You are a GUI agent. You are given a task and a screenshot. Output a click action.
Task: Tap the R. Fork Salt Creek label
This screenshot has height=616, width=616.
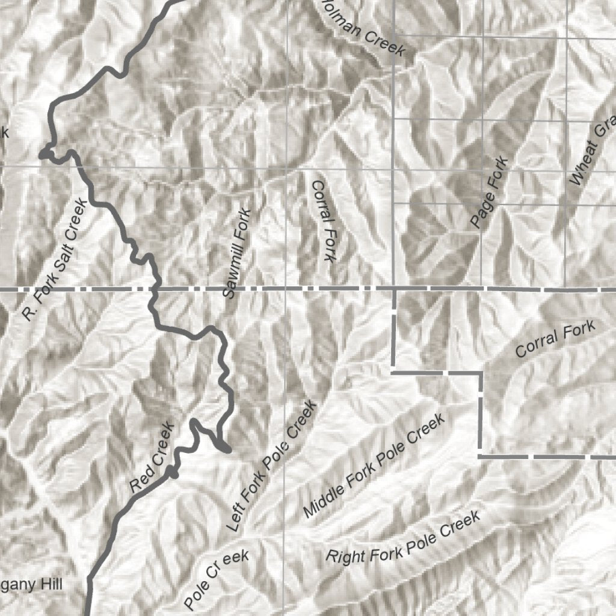(x=55, y=259)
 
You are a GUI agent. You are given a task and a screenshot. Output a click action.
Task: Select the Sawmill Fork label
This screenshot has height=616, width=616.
(x=236, y=253)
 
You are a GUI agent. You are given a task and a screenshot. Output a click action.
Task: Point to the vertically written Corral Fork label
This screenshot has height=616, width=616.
(x=322, y=221)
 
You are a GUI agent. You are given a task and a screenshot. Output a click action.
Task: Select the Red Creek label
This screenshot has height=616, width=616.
(x=153, y=457)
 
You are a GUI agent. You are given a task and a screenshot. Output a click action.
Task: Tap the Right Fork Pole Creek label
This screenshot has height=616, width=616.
(x=403, y=536)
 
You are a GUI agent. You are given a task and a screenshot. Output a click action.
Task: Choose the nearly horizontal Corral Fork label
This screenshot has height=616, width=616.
(x=555, y=340)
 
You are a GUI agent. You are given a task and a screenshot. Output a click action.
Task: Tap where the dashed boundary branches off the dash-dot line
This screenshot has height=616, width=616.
(x=394, y=289)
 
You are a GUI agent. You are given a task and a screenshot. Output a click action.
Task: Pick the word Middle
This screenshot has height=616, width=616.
(x=325, y=500)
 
